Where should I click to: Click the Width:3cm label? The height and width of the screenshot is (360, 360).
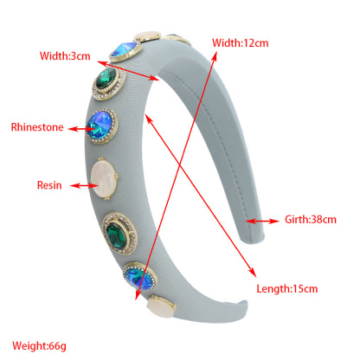click(65, 55)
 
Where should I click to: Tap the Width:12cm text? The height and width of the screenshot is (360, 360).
click(241, 43)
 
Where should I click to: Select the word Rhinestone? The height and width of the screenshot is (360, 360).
click(37, 127)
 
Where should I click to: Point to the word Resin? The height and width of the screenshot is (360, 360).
click(49, 185)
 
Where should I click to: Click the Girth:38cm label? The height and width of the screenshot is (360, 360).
click(311, 220)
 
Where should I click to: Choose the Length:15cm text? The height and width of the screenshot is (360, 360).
click(287, 289)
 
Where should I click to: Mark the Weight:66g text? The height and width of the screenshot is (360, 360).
click(39, 345)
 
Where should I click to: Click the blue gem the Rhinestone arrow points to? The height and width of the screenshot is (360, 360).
click(100, 125)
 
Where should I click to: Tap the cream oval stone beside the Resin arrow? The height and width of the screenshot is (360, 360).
click(104, 179)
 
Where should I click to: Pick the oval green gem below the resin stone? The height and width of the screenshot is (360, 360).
click(116, 234)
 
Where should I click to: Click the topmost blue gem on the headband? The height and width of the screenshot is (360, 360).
click(125, 49)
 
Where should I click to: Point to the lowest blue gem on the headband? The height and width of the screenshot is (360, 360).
click(138, 278)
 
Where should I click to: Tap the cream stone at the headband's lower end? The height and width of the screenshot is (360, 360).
click(162, 307)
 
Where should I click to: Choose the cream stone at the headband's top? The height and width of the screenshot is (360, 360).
click(147, 36)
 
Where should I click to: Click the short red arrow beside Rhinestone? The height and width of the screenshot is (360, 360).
click(79, 129)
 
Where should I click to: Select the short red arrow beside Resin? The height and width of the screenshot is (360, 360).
click(81, 186)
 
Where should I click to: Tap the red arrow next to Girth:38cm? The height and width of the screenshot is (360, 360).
click(263, 222)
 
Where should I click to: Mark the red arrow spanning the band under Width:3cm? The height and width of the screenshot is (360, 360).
click(128, 70)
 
